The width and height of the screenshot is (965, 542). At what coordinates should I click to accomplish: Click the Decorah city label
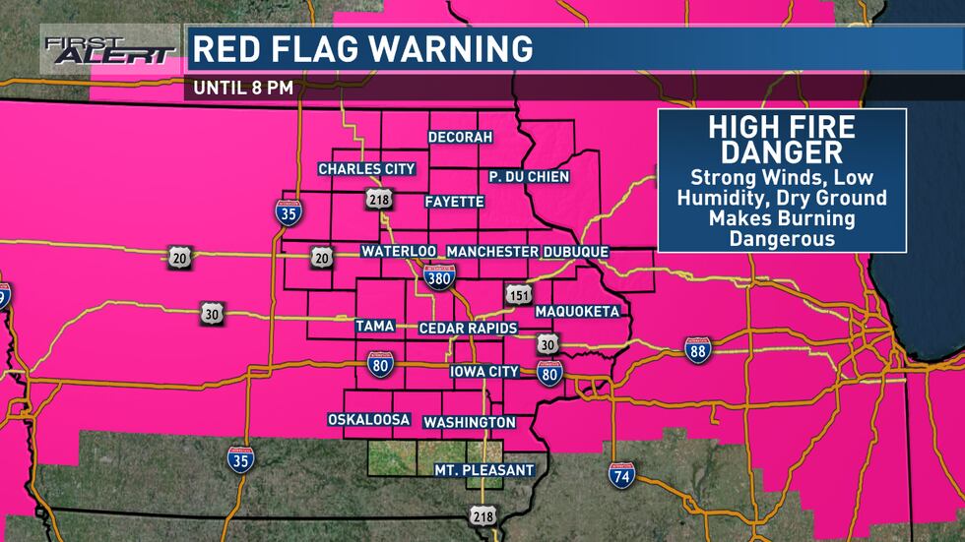[459, 137]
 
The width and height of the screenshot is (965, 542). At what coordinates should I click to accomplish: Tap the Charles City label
[366, 169]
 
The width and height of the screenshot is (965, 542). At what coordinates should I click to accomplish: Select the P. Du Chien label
[530, 176]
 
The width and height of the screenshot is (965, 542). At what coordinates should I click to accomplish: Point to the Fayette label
[454, 202]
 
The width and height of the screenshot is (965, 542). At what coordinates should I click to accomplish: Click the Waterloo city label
[399, 252]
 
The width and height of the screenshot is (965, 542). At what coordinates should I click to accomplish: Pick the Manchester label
[492, 252]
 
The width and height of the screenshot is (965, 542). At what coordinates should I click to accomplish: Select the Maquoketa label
[577, 312]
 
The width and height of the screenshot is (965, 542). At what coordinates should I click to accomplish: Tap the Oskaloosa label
[368, 420]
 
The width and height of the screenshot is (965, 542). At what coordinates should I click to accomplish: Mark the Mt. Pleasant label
[483, 470]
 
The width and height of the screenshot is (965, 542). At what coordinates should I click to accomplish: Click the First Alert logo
[108, 50]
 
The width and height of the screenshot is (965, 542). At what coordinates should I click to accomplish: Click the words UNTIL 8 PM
[243, 87]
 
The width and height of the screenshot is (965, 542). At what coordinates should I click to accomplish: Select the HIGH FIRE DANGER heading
[782, 140]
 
